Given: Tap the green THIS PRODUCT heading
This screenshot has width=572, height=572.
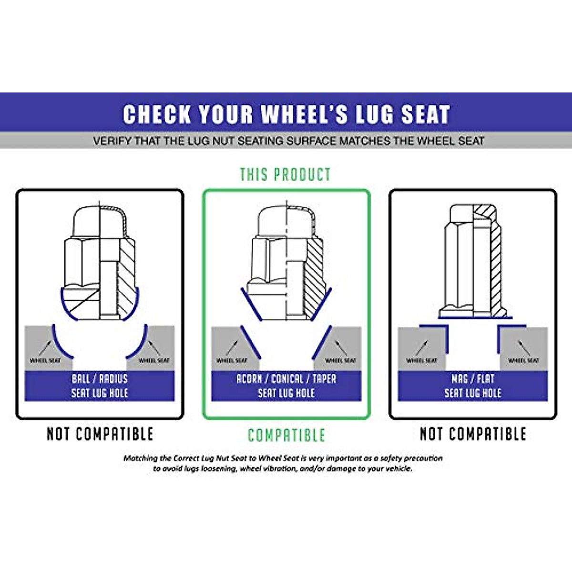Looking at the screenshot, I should click(x=285, y=174).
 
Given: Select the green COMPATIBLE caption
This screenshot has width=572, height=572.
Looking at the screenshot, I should click(x=286, y=435).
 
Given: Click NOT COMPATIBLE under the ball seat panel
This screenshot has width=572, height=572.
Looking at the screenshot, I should click(x=100, y=434).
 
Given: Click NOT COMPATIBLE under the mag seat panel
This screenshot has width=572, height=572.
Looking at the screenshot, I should click(x=473, y=434).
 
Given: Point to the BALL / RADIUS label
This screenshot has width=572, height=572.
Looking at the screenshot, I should click(x=100, y=379).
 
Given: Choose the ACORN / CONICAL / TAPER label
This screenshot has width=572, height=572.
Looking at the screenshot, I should click(x=286, y=379).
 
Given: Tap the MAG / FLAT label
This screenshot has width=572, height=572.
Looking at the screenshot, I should click(x=473, y=379).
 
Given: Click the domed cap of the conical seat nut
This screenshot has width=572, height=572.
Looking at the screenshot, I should click(x=286, y=219).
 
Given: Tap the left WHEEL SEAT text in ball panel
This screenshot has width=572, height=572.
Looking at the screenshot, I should click(x=45, y=360).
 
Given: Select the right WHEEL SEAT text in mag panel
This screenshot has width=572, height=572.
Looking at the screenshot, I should click(x=523, y=360).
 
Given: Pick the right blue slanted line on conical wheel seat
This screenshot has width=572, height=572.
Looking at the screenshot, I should click(x=322, y=342).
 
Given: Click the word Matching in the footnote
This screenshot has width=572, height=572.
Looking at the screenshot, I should click(x=140, y=458).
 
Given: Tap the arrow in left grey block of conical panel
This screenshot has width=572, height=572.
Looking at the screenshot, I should click(x=232, y=347).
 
